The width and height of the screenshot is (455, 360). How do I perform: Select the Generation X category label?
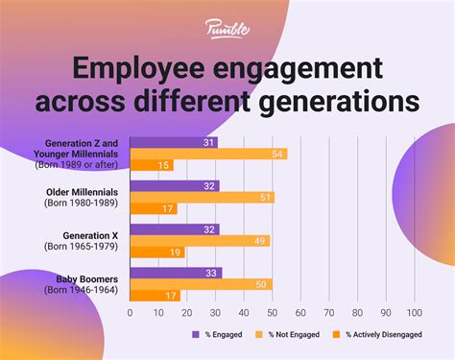[x=92, y=235]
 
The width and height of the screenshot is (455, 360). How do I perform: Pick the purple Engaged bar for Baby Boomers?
[x=176, y=272]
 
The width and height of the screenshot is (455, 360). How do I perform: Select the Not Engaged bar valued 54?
[x=206, y=154]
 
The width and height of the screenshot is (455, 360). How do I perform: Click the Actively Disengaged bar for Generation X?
[x=156, y=252]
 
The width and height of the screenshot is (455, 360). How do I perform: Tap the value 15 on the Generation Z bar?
[x=164, y=166]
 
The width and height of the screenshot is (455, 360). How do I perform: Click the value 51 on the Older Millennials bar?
[x=265, y=198]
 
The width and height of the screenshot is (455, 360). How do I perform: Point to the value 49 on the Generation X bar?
[x=259, y=241]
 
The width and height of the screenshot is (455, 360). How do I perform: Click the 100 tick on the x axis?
[x=415, y=312]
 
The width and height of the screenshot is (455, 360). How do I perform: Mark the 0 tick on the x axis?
[x=131, y=312]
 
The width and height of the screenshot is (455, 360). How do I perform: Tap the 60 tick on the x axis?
[x=300, y=312]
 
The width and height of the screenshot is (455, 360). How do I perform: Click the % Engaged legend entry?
[x=219, y=336]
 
